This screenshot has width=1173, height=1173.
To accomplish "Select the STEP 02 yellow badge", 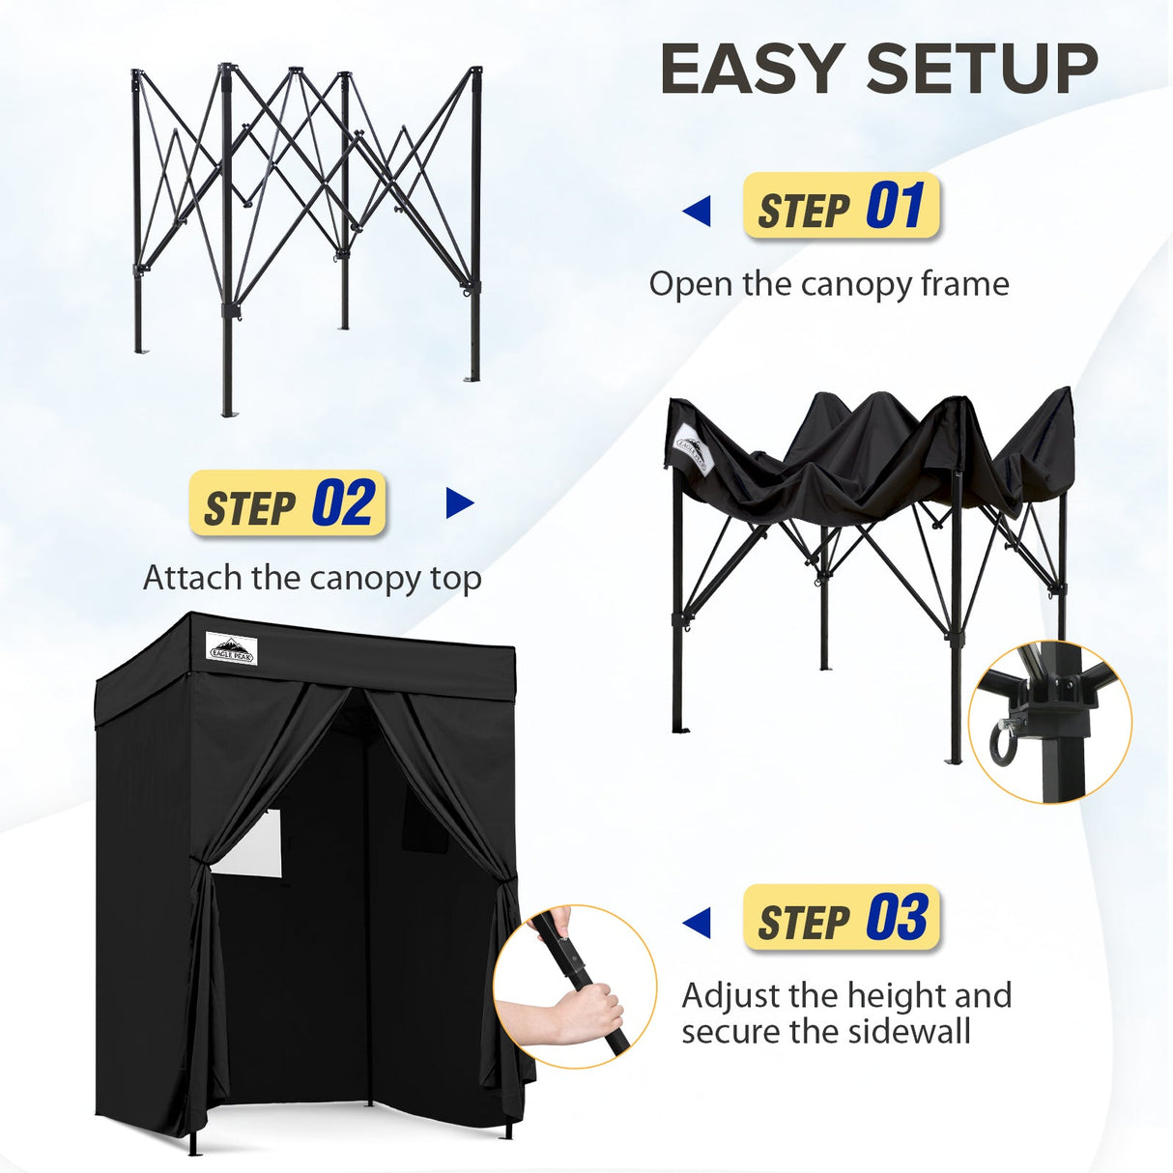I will [288, 504].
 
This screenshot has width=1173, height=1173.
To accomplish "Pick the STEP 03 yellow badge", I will [842, 918].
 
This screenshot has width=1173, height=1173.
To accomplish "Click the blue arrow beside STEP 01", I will [697, 211].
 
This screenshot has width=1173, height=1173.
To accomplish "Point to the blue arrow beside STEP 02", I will [460, 503].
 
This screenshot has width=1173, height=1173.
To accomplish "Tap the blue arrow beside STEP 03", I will [697, 923].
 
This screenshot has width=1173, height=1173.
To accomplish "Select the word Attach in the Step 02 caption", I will [192, 578].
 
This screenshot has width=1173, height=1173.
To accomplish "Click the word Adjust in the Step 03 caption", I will [730, 996].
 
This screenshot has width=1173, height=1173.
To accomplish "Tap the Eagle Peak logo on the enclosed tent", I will [232, 647].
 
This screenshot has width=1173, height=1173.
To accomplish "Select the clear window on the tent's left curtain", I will [248, 843].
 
